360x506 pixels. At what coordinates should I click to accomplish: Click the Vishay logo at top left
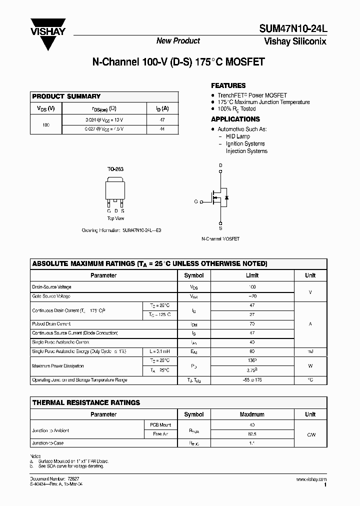[x=48, y=31]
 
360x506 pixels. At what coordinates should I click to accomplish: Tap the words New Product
[x=178, y=41]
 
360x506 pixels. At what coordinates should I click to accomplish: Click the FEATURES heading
[x=228, y=85]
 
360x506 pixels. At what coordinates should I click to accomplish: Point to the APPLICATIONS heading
[x=235, y=119]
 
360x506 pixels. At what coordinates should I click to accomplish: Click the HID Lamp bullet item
[x=237, y=136]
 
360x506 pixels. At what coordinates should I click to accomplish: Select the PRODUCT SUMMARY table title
[x=66, y=96]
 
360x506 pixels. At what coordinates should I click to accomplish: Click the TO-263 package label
[x=115, y=169]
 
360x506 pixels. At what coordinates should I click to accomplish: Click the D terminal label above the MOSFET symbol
[x=220, y=165]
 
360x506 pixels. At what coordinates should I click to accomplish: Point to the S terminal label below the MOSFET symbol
[x=220, y=228]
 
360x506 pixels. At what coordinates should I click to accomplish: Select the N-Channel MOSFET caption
[x=220, y=239]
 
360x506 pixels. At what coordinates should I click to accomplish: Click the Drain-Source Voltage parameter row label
[x=51, y=287]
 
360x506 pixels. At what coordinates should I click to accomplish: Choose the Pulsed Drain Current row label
[x=51, y=324]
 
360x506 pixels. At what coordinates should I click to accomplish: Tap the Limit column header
[x=252, y=275]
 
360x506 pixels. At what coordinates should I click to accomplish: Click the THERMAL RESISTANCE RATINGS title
[x=86, y=402]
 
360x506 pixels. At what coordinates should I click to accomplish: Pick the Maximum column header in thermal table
[x=252, y=414]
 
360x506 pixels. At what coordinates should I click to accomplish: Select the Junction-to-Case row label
[x=48, y=443]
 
